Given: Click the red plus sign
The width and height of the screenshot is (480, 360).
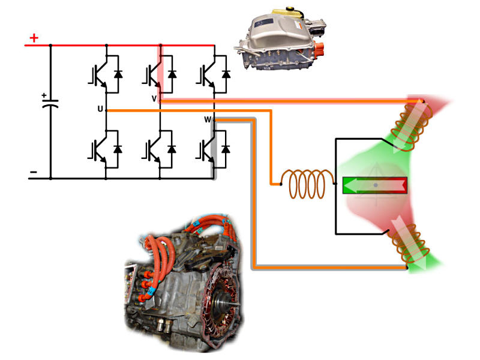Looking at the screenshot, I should tap(34, 38).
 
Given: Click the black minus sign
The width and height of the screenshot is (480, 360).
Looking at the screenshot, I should tap(34, 174).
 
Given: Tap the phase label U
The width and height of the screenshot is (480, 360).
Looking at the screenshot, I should tap(100, 109).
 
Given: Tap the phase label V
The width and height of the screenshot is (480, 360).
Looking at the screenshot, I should tap(154, 98).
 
